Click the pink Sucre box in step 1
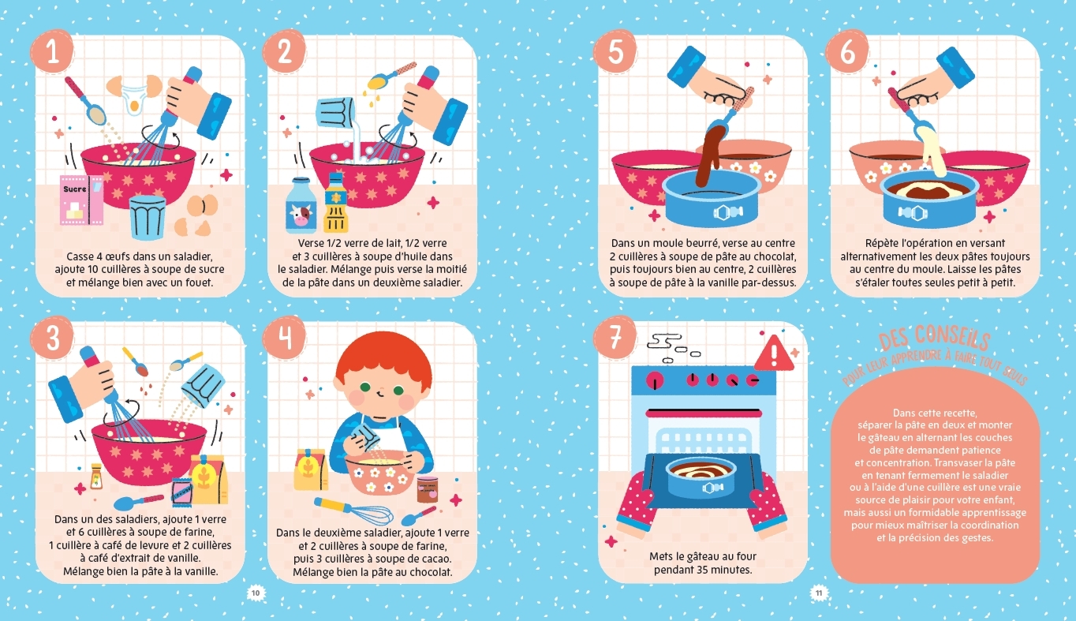click(x=81, y=200)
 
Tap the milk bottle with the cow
click(x=301, y=205)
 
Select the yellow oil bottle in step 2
click(x=335, y=203)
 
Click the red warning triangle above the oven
click(x=774, y=355)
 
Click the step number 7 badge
click(x=615, y=338)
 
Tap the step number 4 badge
click(x=284, y=338)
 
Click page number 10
click(x=256, y=593)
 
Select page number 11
click(x=819, y=593)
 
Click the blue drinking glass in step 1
click(x=148, y=217)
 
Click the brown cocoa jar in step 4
click(x=428, y=490)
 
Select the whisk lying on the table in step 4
click(x=353, y=511)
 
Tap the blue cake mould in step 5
click(x=712, y=198)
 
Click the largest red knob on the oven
click(x=655, y=380)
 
